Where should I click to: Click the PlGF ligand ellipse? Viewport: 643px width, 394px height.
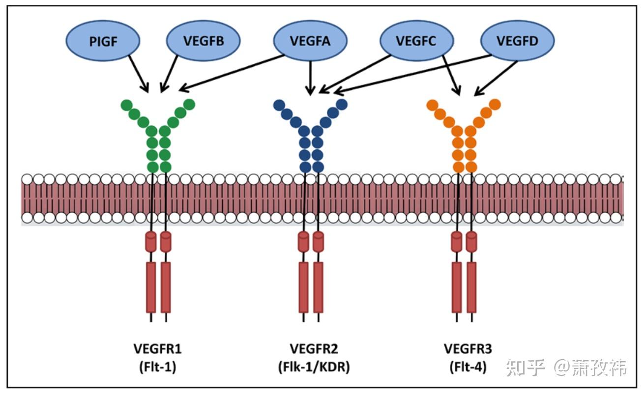pos(103,41)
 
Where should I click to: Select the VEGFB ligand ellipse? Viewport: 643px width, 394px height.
pos(203,41)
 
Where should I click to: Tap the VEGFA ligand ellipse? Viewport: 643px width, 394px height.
pos(310,41)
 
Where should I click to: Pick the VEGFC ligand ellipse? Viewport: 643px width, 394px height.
pos(416,41)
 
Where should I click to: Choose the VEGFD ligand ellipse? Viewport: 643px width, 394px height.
pos(517,41)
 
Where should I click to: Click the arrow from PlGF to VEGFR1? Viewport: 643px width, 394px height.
pos(138,72)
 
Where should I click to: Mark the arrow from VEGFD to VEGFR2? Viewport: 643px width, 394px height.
pos(413,74)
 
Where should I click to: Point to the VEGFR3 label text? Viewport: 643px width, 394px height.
pos(468,349)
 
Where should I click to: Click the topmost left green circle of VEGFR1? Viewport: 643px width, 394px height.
pos(126,105)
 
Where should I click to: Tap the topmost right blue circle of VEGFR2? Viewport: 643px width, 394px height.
pos(342,104)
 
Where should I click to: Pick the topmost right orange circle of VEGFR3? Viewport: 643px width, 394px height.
pos(495,104)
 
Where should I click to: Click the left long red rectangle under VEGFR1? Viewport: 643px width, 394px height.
pos(151,287)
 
